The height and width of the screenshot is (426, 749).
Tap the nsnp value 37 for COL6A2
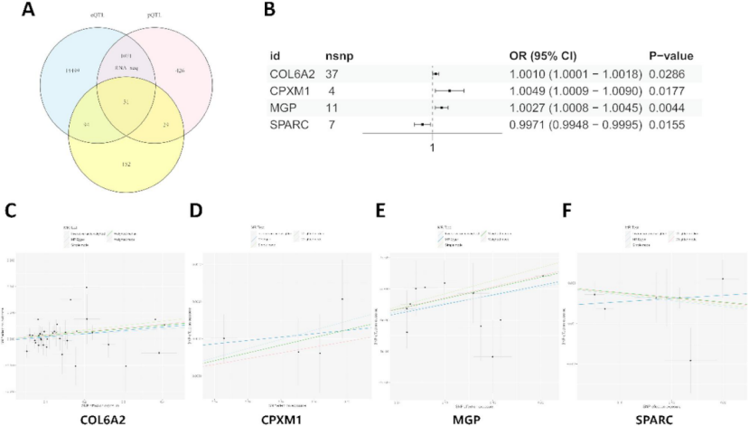pyautogui.click(x=335, y=73)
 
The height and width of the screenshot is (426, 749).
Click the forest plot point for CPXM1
pyautogui.click(x=449, y=90)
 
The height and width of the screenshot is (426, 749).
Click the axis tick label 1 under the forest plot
pyautogui.click(x=433, y=147)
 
